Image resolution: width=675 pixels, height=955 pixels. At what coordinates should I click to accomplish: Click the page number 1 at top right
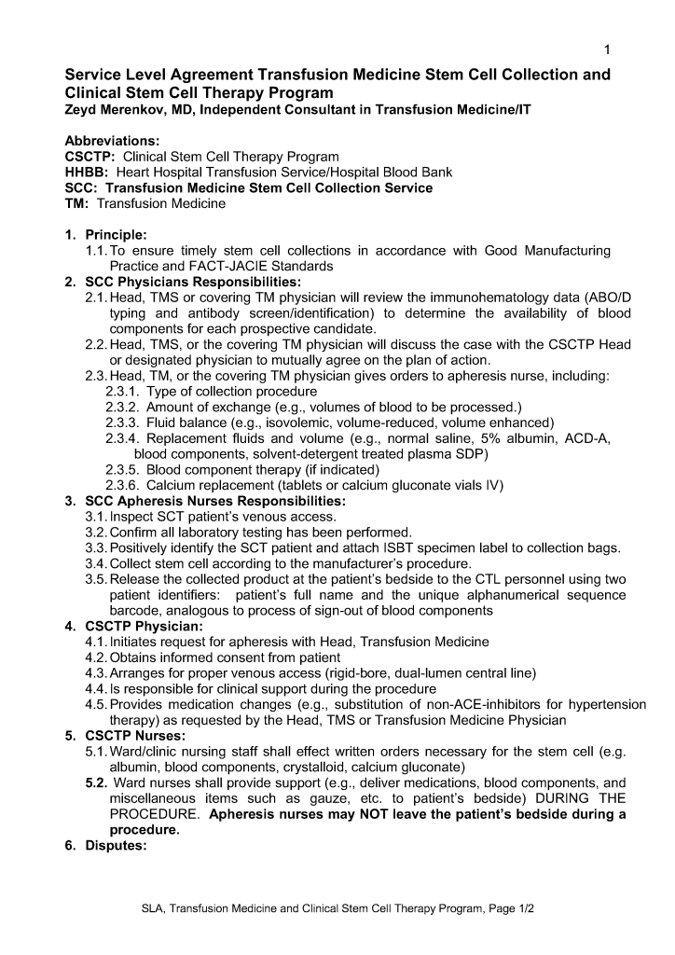click(606, 48)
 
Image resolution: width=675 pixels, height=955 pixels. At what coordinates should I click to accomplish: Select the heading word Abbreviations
click(112, 141)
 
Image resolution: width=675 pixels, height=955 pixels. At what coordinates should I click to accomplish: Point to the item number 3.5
click(96, 579)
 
